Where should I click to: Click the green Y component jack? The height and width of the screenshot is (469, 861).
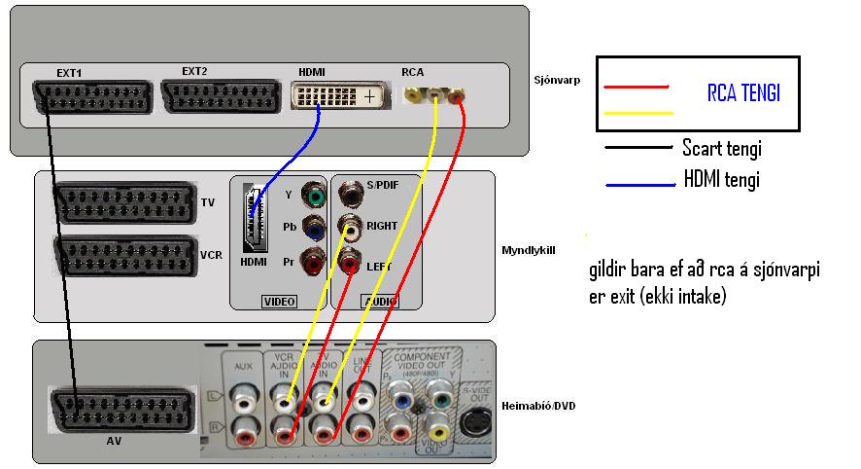[x=313, y=195]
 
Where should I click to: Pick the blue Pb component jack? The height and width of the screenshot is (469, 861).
[x=313, y=229]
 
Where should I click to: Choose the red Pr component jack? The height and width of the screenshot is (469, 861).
[x=313, y=263]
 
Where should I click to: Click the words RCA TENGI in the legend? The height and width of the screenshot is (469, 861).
[x=743, y=94]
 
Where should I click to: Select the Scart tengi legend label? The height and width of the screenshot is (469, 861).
[x=721, y=149]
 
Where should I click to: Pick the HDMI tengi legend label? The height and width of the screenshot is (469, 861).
[x=721, y=180]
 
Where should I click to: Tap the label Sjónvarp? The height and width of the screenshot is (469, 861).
[x=557, y=80]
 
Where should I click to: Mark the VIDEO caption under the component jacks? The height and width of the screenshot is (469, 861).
[x=280, y=302]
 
